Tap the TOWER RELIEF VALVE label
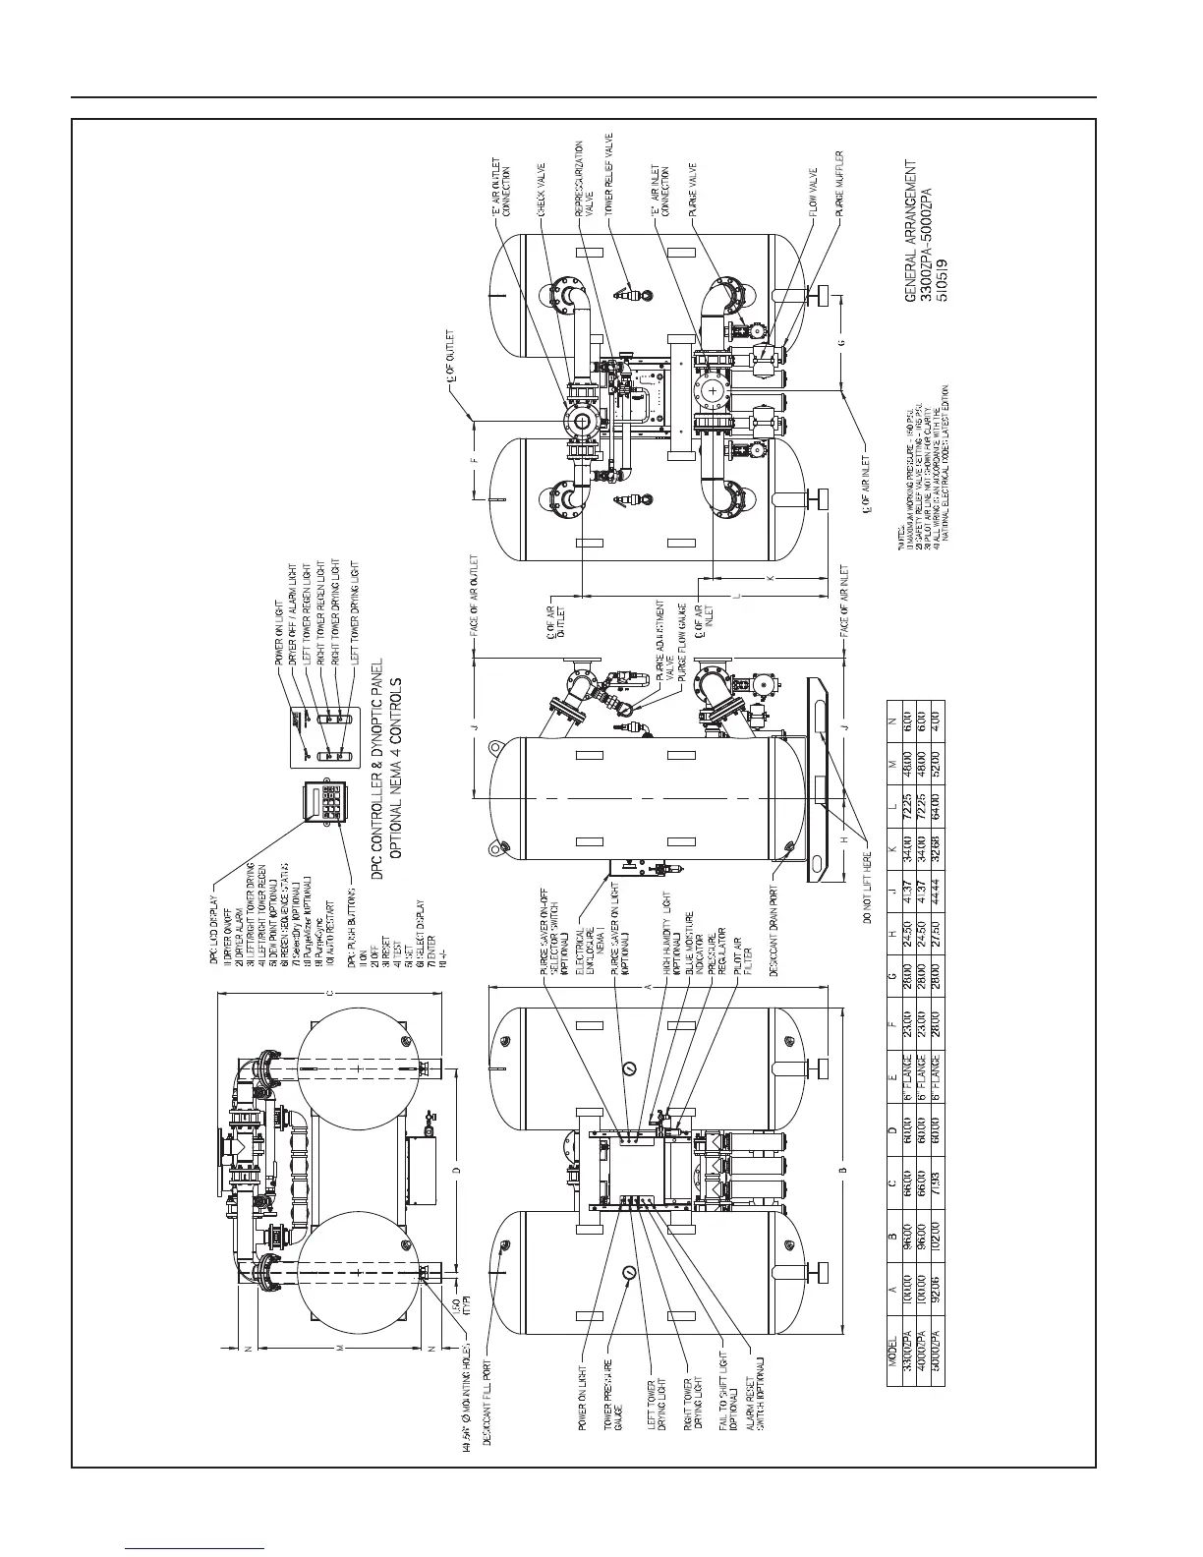(609, 173)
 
